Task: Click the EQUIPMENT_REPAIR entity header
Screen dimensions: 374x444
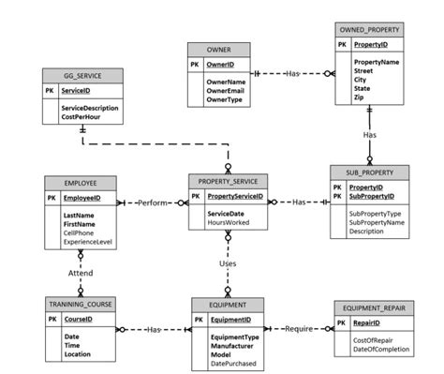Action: tap(374, 307)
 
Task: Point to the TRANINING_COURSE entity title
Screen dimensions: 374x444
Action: tap(81, 307)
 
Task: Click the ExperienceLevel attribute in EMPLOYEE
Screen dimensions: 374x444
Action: tap(88, 242)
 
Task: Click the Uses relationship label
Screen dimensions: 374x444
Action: tap(228, 263)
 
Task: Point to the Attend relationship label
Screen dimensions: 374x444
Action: tap(81, 273)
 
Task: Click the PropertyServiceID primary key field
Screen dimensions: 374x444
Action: tap(235, 198)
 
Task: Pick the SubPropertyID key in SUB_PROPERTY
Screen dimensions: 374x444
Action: tap(374, 198)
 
